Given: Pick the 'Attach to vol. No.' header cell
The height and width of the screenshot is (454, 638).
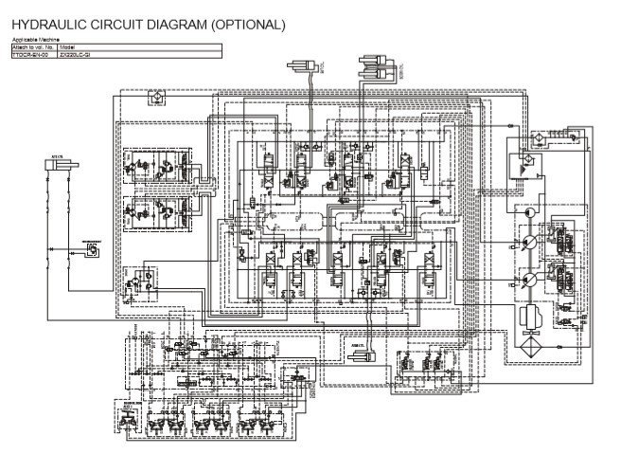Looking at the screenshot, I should [33, 46].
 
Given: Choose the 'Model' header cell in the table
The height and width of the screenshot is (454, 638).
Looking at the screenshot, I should [66, 46].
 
